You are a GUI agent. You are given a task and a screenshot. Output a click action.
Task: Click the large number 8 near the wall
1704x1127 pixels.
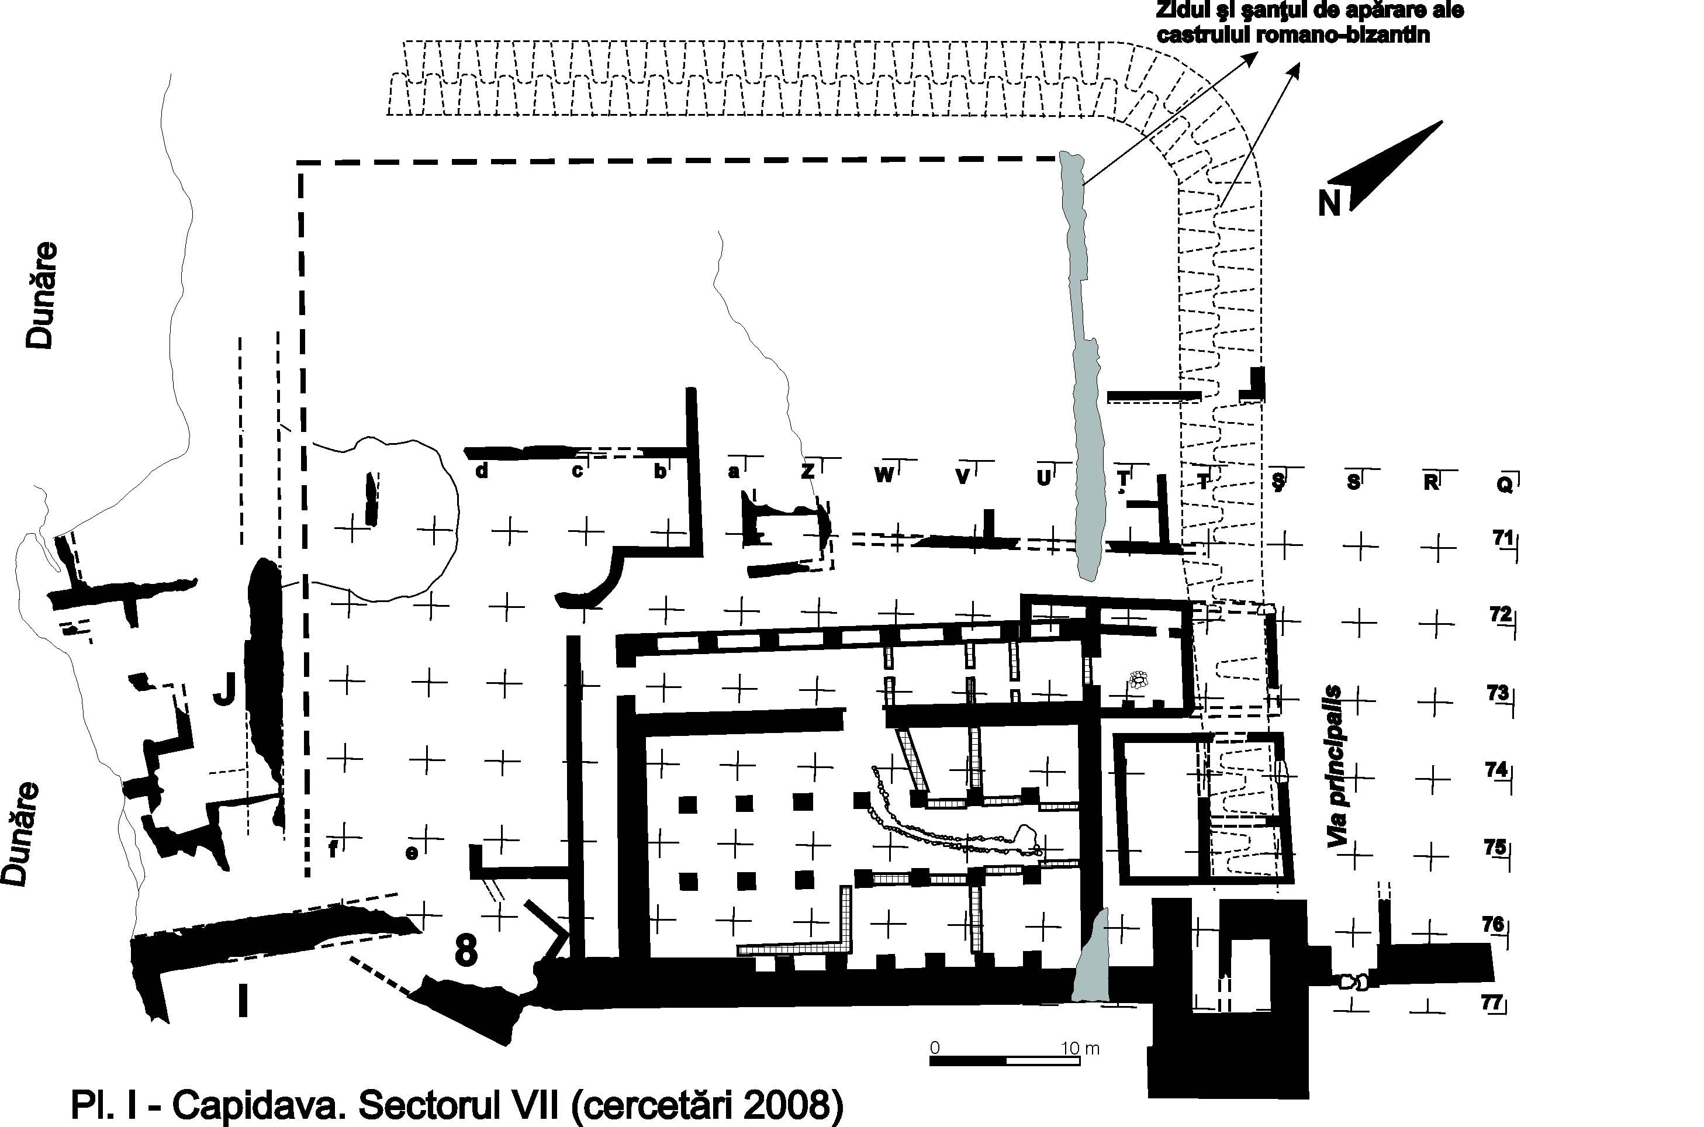click(466, 952)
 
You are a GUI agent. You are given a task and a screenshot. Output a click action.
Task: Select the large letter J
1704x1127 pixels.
click(225, 692)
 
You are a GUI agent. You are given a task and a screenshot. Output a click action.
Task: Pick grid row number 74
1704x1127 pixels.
click(1496, 769)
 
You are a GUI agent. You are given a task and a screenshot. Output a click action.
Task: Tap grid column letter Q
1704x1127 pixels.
click(1504, 485)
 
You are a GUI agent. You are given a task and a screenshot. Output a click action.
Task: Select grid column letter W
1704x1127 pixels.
click(884, 475)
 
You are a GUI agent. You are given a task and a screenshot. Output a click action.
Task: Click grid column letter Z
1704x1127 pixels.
click(808, 472)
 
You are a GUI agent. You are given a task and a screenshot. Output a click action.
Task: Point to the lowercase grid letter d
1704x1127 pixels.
click(482, 471)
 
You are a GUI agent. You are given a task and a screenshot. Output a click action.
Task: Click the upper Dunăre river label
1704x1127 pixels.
click(41, 295)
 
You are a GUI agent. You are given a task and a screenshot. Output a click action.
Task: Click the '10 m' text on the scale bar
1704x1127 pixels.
click(1080, 1048)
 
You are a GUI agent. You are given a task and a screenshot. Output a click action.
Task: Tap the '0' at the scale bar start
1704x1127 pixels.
click(934, 1048)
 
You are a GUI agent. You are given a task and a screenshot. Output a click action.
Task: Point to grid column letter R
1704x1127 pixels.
click(1431, 482)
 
